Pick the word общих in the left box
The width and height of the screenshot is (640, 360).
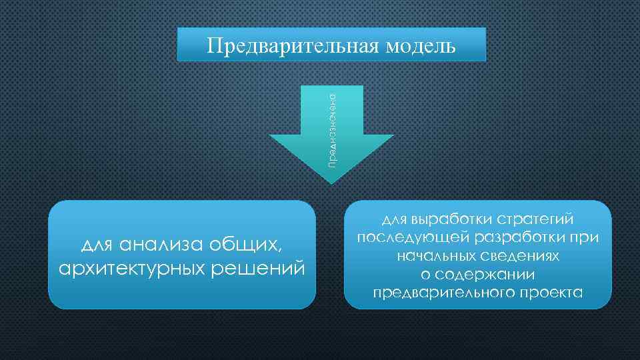point(247,245)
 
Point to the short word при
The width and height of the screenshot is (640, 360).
point(586,238)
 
